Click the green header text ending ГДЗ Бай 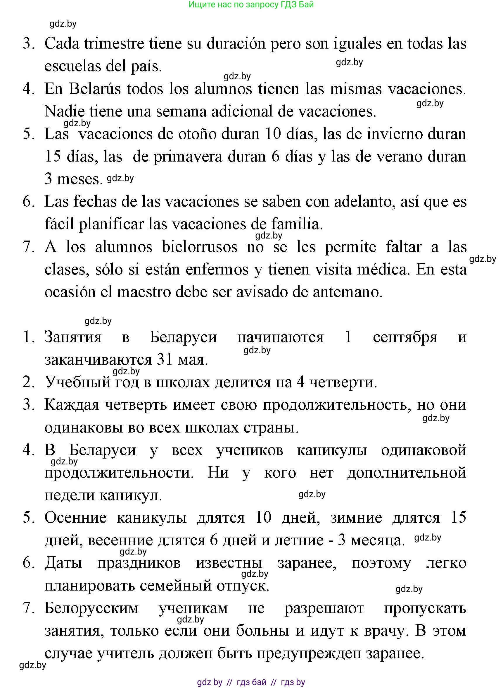click(251, 5)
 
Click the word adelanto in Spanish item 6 click(362, 202)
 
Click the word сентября click(405, 337)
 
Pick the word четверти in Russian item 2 click(343, 382)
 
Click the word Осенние click(75, 518)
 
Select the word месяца click(377, 541)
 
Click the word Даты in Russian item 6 click(63, 563)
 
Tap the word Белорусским click(91, 608)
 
